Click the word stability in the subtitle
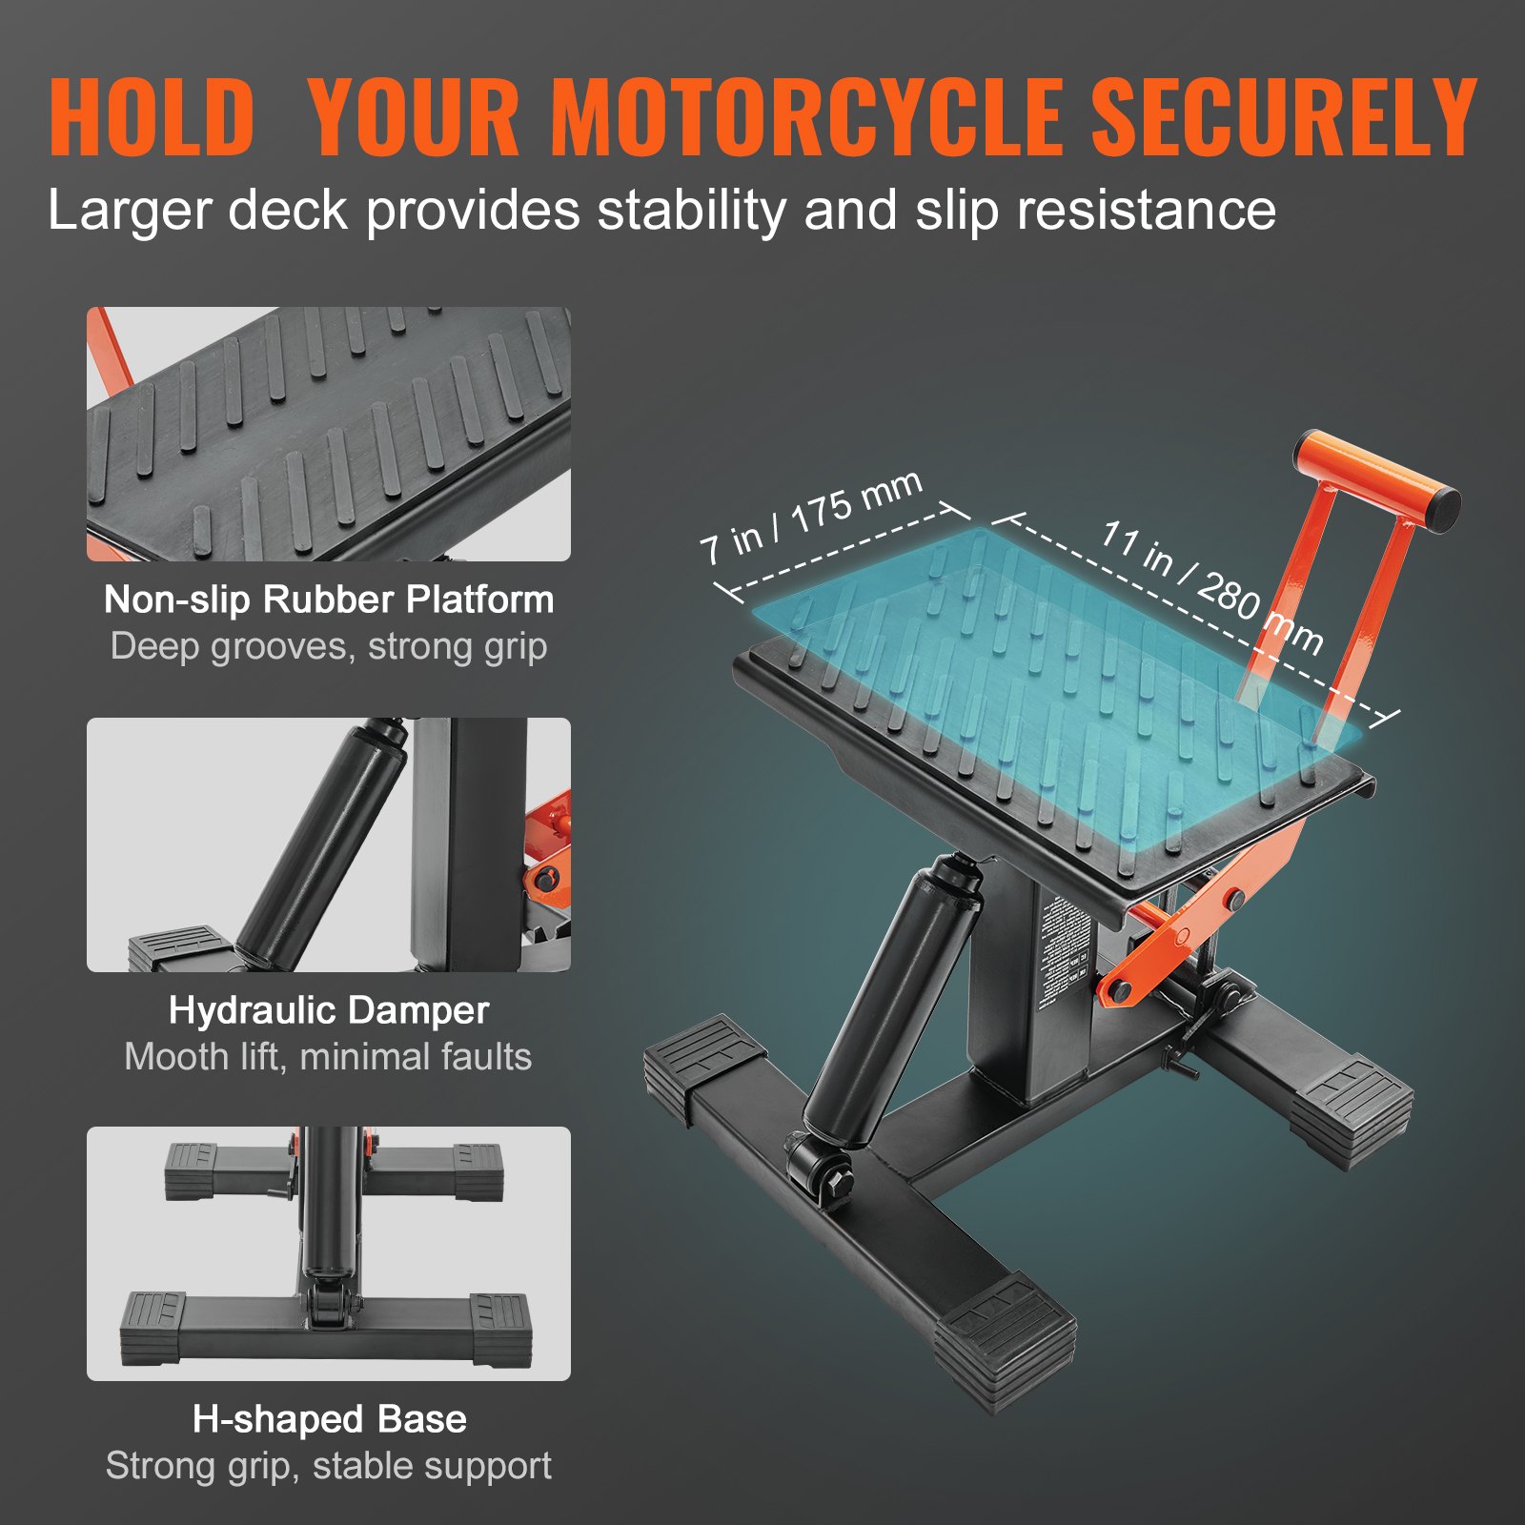691,211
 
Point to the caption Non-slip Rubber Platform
329,600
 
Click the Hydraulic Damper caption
329,1010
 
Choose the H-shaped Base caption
329,1419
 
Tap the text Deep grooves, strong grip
329,646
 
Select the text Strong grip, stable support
329,1466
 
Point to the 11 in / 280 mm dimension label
1211,587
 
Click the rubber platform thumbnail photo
329,434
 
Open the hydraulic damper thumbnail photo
329,844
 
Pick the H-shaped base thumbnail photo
329,1253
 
